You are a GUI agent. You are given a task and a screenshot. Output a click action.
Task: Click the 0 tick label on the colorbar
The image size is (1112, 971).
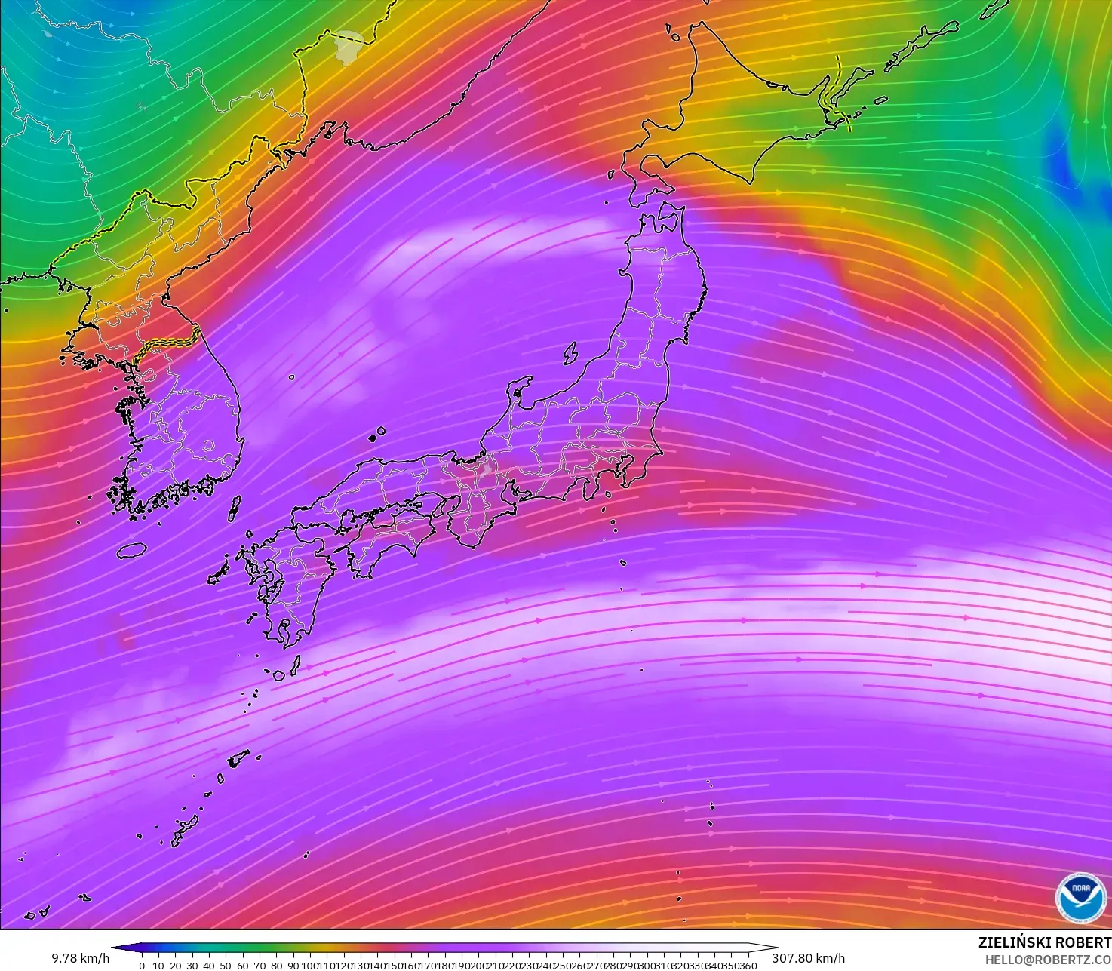pos(142,965)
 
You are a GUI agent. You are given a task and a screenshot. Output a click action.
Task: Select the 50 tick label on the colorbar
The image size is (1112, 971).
pos(226,965)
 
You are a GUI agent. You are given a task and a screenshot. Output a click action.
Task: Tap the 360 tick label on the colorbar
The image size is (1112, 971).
pos(748,965)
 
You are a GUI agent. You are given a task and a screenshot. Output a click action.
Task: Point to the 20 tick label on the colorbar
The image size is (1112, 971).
pos(175,965)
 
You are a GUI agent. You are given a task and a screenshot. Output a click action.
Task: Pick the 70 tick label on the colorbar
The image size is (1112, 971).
pos(259,965)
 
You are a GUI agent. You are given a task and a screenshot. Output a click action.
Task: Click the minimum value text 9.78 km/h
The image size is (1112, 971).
pos(80,958)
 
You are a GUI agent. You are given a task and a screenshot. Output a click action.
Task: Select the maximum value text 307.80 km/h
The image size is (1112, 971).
pos(808,958)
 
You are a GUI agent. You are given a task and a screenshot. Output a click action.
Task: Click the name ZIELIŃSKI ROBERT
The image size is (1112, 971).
pos(1044,942)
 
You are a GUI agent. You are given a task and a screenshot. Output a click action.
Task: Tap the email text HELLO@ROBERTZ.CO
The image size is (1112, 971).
pos(1048,960)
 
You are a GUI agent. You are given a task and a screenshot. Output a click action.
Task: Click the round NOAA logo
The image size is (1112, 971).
pos(1080,898)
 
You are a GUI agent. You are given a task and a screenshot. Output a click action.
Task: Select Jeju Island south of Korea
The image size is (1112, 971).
pos(131,550)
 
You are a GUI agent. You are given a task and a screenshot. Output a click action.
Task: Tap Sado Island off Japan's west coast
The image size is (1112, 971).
pos(570,352)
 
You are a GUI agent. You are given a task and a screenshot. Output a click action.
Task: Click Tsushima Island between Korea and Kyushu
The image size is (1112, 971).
pos(235,507)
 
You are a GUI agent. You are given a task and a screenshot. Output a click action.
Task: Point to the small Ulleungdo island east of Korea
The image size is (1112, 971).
pos(291,377)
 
